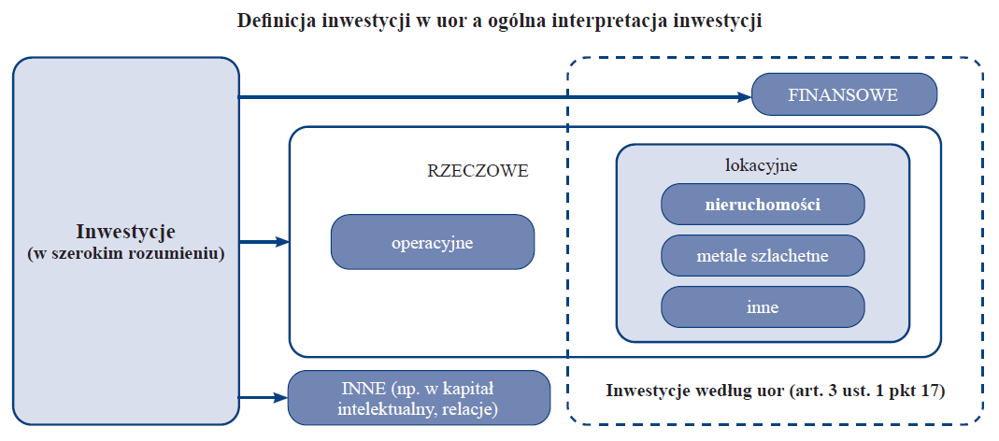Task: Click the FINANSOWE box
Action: tap(844, 94)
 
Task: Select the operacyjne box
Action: tap(433, 242)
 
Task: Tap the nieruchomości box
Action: tap(763, 206)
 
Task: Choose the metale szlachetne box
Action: tap(763, 256)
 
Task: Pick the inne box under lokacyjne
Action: tap(763, 306)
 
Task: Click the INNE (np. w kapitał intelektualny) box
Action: tap(420, 398)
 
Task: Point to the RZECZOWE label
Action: tap(478, 171)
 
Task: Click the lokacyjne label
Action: tap(762, 165)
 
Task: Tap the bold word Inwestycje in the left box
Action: tap(125, 231)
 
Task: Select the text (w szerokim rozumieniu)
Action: tap(125, 253)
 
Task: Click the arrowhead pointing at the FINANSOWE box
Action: tap(745, 97)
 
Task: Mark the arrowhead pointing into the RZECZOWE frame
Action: tap(282, 242)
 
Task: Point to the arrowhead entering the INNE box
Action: tap(281, 398)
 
